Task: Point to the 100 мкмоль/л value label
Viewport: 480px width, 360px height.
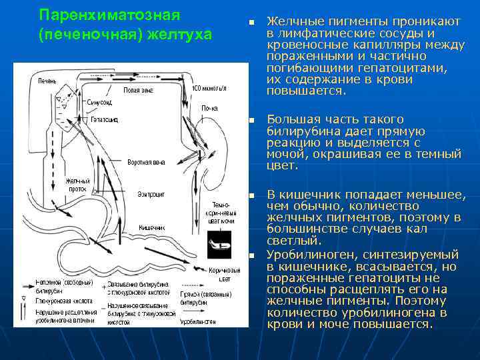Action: (x=209, y=88)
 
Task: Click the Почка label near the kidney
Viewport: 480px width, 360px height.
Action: (x=210, y=107)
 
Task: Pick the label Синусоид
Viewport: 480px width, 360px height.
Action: (x=100, y=103)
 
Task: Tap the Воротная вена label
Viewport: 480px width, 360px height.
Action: (x=146, y=162)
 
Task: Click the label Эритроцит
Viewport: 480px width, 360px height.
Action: (x=151, y=194)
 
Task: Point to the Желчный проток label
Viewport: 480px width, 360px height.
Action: (x=77, y=185)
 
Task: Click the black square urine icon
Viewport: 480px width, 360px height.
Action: (x=219, y=242)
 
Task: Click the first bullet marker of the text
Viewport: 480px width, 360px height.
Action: (x=252, y=23)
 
